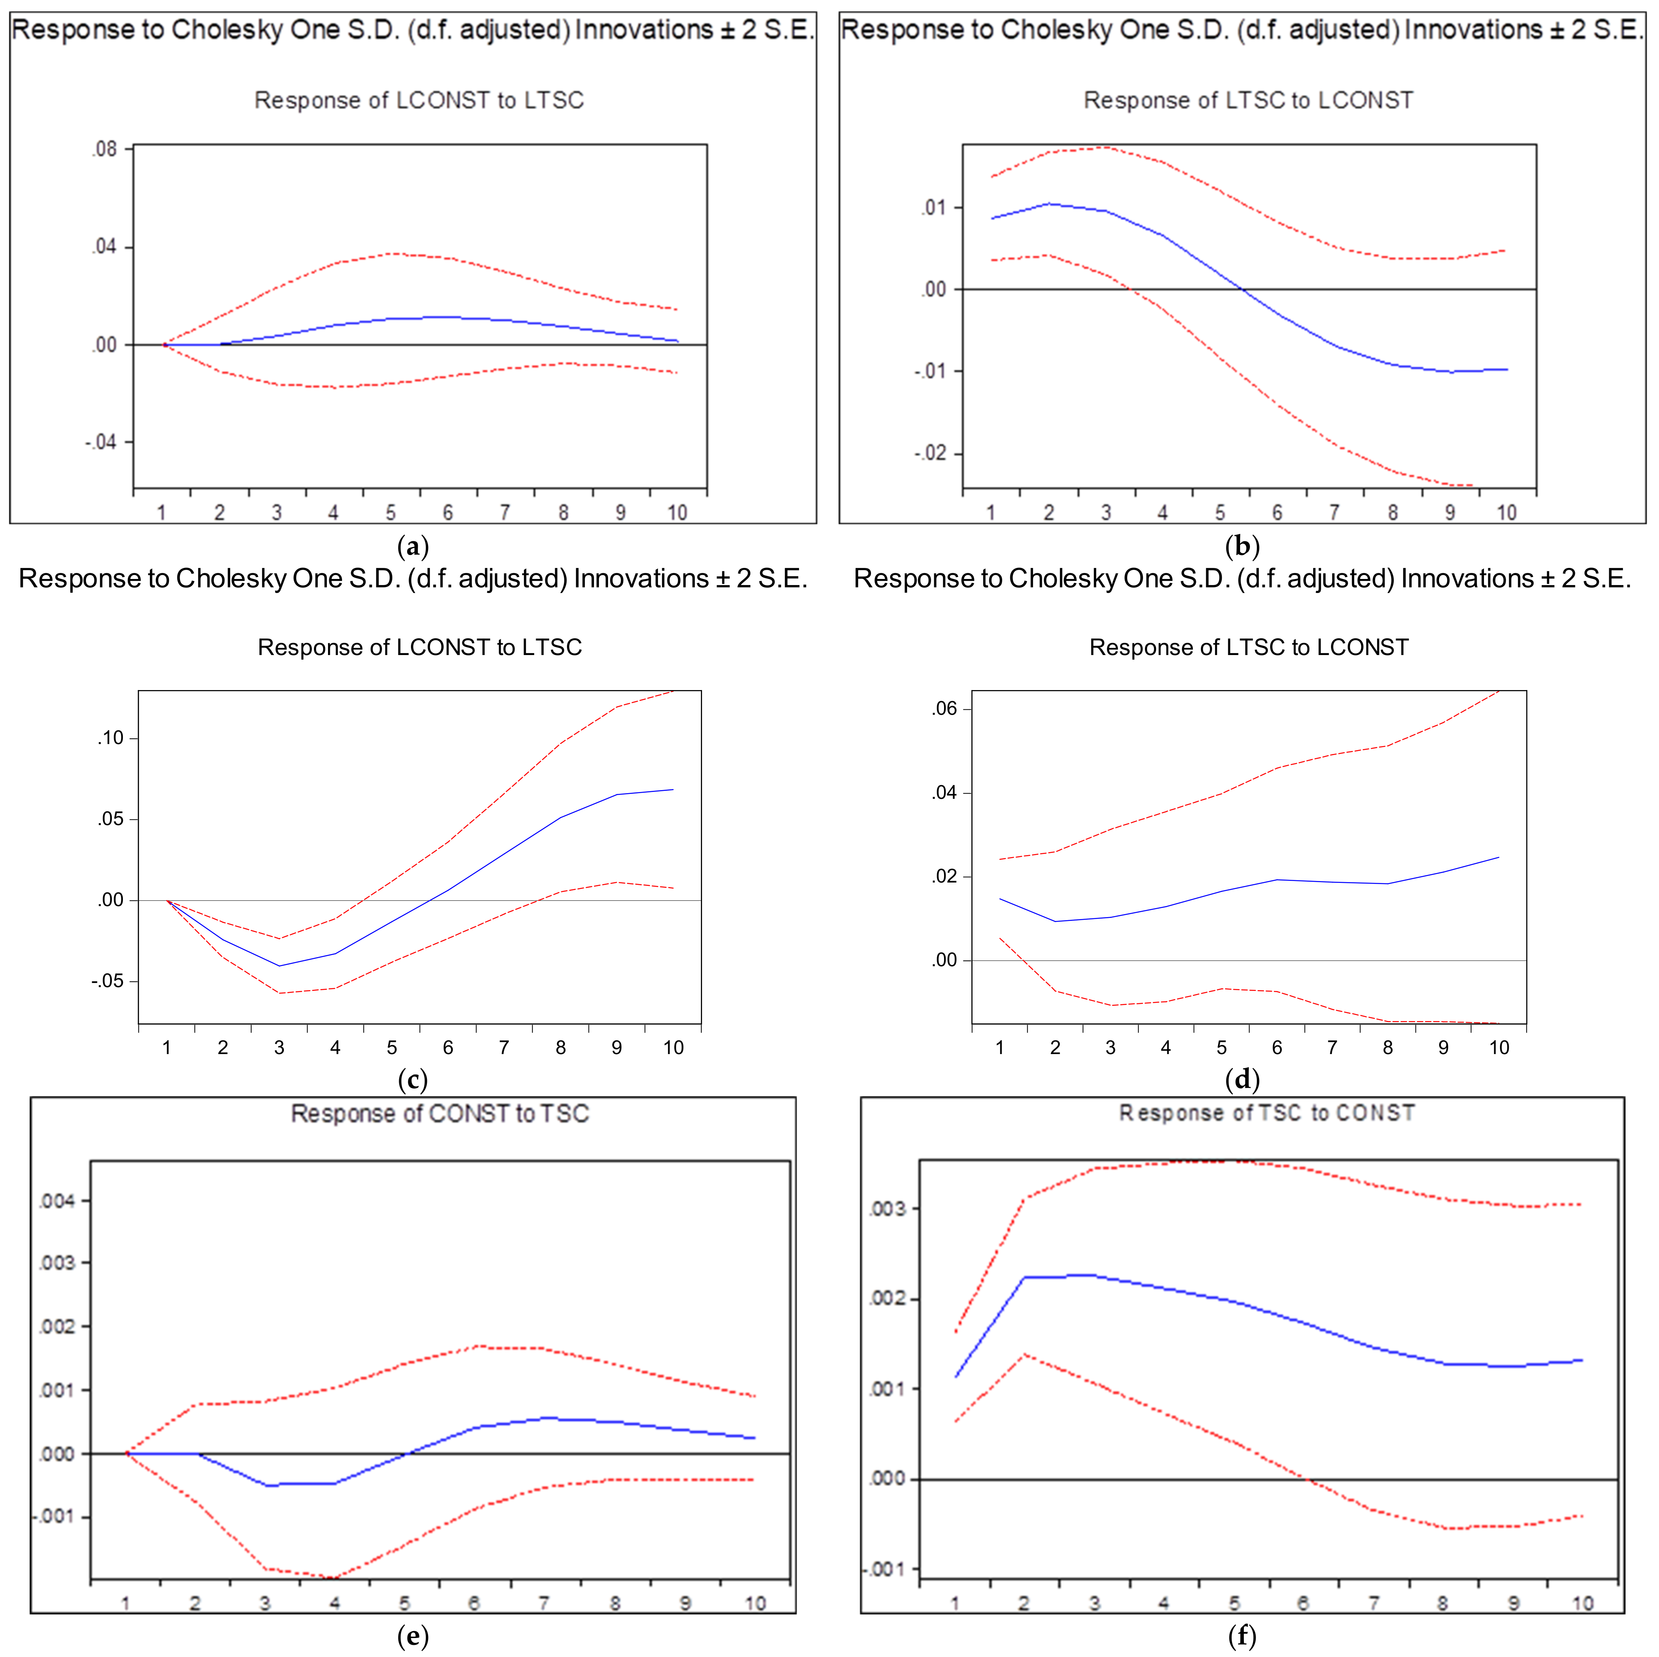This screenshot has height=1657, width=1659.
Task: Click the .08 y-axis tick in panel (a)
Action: tap(105, 149)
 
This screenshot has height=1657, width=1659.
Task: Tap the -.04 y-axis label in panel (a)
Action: tap(101, 442)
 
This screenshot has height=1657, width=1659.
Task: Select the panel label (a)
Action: tap(413, 546)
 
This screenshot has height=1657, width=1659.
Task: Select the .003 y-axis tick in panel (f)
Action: tap(887, 1209)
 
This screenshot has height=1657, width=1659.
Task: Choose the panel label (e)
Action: tap(413, 1636)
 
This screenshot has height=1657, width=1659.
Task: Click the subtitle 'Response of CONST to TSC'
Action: tap(439, 1113)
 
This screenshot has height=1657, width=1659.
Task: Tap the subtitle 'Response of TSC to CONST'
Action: tap(1267, 1113)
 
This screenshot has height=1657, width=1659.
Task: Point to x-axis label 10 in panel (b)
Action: tap(1507, 512)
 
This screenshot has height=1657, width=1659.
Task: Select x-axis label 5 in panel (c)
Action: tap(392, 1048)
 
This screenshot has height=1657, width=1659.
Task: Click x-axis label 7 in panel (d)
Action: tap(1332, 1048)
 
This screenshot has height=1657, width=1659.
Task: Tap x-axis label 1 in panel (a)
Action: tap(161, 512)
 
